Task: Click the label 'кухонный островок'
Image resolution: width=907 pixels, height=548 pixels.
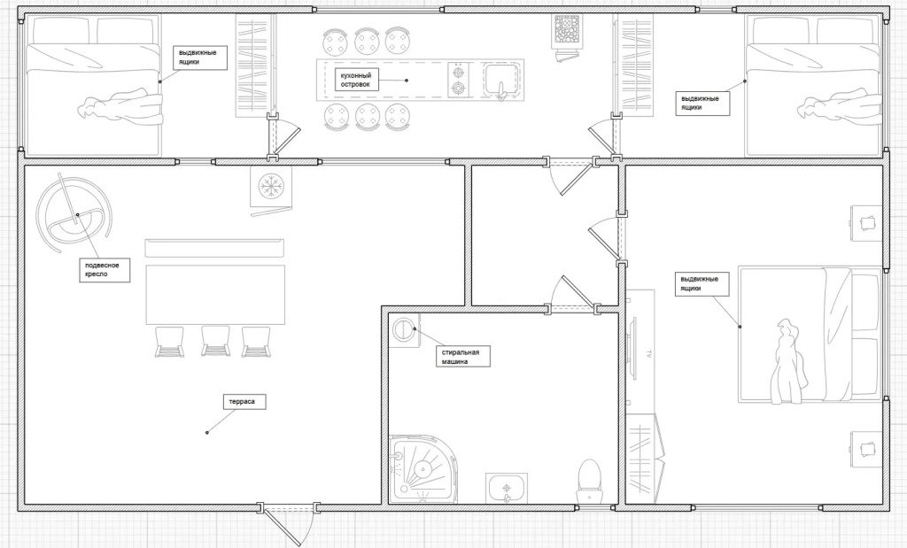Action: [356, 80]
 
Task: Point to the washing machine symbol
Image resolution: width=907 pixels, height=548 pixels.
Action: [404, 330]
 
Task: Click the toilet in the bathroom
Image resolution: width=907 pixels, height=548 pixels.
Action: [589, 481]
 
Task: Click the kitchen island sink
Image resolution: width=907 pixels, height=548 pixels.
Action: [503, 80]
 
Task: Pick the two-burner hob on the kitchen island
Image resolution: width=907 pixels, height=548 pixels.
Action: [459, 81]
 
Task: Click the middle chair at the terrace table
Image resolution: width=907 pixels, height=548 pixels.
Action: [215, 341]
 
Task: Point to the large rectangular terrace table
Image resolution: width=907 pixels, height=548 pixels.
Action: [216, 295]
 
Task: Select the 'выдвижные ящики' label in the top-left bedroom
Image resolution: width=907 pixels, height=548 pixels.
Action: [198, 58]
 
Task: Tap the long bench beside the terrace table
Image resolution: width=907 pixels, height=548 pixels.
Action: [214, 248]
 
